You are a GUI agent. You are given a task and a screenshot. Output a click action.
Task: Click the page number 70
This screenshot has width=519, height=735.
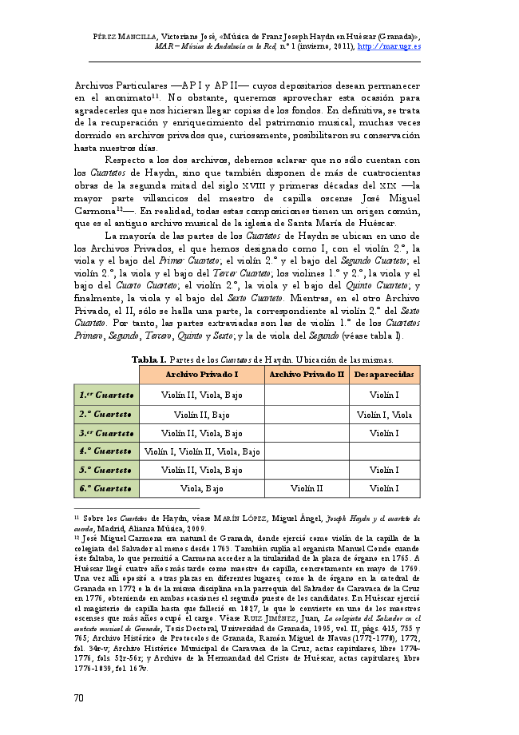[x=78, y=697]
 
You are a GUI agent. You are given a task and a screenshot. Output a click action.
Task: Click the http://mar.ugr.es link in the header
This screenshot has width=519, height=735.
[x=389, y=46]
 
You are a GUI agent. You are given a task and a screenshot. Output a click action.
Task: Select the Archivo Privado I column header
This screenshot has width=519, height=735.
[x=202, y=375]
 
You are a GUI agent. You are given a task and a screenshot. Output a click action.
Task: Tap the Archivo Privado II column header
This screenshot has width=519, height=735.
[x=307, y=375]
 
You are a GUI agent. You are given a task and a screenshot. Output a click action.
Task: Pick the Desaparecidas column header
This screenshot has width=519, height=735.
[x=384, y=375]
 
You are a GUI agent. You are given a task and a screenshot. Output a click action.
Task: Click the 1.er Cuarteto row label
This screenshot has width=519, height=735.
[x=106, y=395]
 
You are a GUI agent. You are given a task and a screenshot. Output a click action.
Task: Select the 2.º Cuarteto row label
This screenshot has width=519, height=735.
[x=106, y=415]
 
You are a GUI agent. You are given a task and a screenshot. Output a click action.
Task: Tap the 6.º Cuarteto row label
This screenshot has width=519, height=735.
[x=106, y=488]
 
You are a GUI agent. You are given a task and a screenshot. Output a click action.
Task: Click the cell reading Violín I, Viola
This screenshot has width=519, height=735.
[x=384, y=415]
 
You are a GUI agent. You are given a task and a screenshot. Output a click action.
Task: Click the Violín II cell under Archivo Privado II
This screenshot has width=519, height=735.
[x=307, y=488]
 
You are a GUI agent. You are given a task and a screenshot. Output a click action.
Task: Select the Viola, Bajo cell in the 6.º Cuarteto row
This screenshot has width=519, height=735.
[x=202, y=488]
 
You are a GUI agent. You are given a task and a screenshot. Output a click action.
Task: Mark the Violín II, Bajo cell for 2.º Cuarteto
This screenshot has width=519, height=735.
[x=202, y=415]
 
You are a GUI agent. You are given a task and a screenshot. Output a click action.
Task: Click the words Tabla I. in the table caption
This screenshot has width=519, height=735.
[x=148, y=359]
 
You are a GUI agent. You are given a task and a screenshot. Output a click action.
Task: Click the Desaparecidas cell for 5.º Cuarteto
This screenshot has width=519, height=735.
[x=384, y=471]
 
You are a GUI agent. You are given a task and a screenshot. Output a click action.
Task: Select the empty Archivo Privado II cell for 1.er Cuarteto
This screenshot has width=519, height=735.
[x=307, y=395]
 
